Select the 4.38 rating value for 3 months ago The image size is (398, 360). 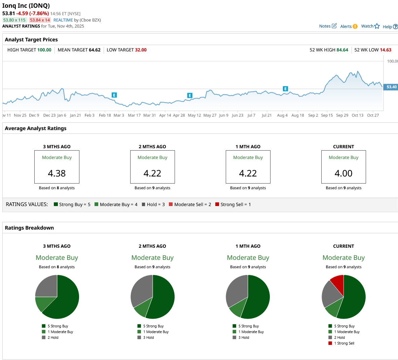tap(57, 173)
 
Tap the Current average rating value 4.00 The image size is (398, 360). tap(343, 173)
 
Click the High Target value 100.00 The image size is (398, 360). tap(44, 50)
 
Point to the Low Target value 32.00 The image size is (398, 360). tap(141, 50)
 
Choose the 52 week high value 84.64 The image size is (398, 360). tap(342, 50)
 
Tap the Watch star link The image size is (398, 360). tap(370, 26)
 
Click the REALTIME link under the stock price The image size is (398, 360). tap(63, 20)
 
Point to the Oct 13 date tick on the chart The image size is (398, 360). tap(357, 115)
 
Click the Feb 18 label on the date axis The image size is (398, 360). tap(105, 115)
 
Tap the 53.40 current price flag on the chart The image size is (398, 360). tap(391, 87)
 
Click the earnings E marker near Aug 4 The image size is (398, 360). tap(285, 89)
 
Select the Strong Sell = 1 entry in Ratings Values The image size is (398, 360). tap(233, 204)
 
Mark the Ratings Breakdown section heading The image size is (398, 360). tap(29, 228)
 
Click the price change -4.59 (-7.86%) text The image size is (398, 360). tap(33, 13)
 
